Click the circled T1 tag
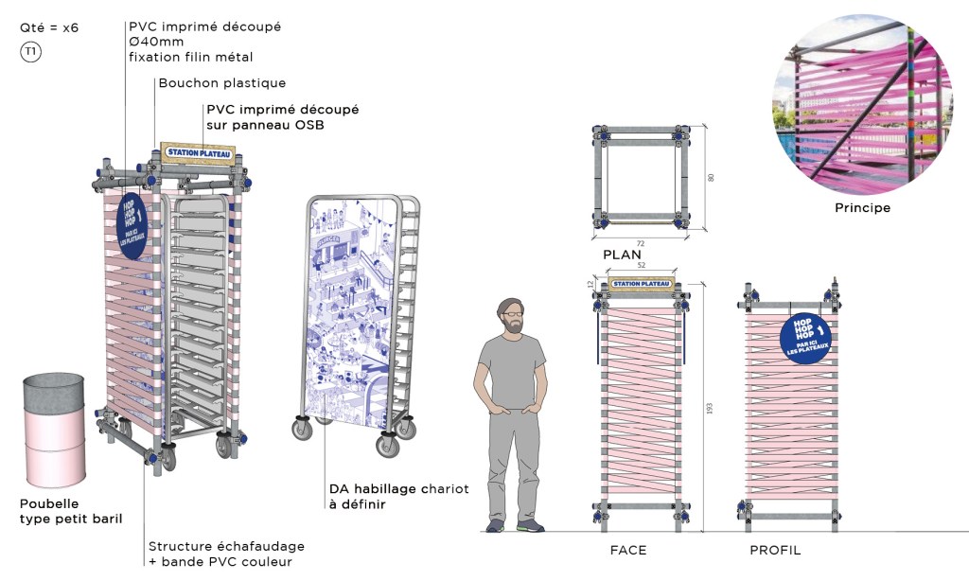pos(31,52)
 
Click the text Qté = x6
pos(49,27)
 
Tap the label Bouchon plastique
pos(221,83)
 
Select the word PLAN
pos(622,254)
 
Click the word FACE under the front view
pos(628,550)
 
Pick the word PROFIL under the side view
pos(775,550)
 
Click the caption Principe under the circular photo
pos(862,207)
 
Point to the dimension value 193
pos(709,408)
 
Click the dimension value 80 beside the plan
pos(712,176)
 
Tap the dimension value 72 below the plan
pos(641,243)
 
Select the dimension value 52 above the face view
pos(642,267)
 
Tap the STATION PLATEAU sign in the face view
pos(642,283)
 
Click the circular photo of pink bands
pos(862,103)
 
